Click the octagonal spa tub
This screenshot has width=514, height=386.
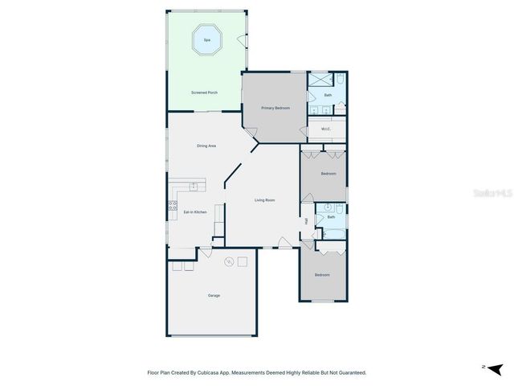[206, 40]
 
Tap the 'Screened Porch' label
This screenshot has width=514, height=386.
[205, 92]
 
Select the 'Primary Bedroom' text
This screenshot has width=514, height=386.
[275, 107]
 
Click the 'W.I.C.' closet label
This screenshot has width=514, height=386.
[326, 129]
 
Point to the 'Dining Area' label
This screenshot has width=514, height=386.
[206, 146]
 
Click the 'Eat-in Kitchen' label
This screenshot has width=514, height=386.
[195, 211]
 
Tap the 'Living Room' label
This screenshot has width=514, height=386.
[265, 199]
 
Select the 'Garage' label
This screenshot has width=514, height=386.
[214, 295]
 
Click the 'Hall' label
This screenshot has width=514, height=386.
[306, 221]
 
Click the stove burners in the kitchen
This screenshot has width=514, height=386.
[172, 207]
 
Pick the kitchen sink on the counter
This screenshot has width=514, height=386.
[193, 186]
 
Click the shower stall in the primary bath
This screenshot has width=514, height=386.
[320, 80]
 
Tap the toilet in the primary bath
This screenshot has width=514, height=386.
[341, 80]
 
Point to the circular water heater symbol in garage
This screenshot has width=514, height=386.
[228, 261]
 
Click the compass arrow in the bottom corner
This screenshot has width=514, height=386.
[496, 368]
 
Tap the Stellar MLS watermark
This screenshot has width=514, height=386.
[492, 194]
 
